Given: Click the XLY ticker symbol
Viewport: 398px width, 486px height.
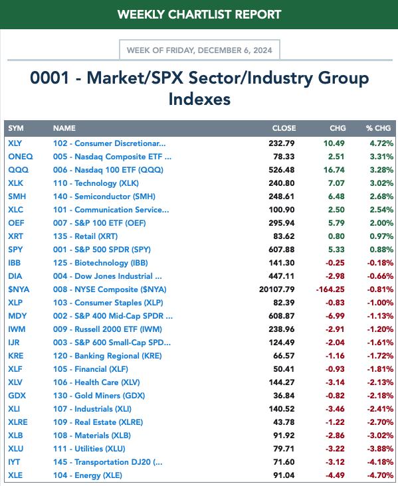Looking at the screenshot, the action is (15, 143).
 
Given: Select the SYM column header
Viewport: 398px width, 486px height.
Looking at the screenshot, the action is (16, 128).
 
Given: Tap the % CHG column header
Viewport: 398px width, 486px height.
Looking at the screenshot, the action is (378, 128).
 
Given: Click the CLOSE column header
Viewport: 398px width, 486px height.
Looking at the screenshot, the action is (284, 128).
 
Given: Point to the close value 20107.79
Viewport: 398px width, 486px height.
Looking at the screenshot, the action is (276, 289).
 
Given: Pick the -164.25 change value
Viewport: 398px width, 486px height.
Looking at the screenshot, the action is (330, 289).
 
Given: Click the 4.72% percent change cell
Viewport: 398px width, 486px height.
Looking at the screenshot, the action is (381, 143).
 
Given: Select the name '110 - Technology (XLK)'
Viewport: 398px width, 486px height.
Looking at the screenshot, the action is (96, 183).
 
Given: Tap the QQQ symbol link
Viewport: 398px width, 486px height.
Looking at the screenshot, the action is (19, 170).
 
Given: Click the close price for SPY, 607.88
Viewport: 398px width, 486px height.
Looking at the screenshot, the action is (282, 250).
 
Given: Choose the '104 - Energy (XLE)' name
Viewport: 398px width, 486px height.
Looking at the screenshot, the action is (88, 475).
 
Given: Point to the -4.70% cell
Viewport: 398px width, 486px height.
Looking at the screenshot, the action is (380, 475).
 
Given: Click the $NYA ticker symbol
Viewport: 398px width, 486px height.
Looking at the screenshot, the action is (19, 289).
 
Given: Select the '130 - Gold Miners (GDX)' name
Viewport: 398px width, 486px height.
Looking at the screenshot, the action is (99, 396).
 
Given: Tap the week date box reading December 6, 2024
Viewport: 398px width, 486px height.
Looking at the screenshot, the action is (199, 50).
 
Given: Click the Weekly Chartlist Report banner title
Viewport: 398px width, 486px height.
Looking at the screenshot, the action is (199, 14).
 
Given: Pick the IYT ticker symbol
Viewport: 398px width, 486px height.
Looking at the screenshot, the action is (14, 462).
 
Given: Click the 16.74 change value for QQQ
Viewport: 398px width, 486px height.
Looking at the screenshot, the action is (334, 170).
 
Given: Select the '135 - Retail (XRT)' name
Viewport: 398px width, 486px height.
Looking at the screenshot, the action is (85, 236).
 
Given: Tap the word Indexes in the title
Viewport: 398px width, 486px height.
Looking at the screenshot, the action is (199, 99).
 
